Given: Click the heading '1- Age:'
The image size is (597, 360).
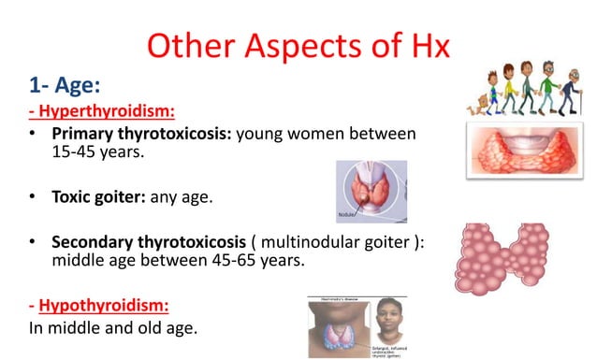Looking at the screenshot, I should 63,86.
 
